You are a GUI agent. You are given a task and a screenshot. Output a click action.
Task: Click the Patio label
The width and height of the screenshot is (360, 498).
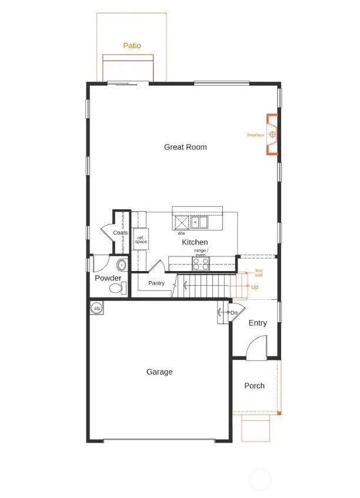132,45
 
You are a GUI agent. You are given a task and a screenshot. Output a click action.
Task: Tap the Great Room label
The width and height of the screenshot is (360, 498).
185,147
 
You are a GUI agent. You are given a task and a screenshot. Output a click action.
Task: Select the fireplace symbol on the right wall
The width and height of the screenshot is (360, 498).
272,135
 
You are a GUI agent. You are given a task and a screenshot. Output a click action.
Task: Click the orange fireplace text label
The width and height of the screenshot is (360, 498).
255,135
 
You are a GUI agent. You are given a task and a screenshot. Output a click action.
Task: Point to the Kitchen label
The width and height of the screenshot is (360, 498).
195,242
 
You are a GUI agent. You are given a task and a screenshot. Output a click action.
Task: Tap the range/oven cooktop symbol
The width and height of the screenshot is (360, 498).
200,264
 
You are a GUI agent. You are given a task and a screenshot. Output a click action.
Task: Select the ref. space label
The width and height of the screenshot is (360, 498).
141,240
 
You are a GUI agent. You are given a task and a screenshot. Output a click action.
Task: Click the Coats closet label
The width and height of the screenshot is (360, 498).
121,233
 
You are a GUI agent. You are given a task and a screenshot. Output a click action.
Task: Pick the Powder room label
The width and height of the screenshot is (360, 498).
108,278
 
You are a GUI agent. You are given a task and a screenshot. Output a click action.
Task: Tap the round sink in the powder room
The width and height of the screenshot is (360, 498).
122,265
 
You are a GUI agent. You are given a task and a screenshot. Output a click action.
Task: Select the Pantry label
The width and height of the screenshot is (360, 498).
156,283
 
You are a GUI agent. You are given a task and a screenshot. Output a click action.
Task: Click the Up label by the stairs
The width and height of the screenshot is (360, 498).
255,287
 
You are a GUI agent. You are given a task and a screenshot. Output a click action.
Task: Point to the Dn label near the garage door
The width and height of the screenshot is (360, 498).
234,312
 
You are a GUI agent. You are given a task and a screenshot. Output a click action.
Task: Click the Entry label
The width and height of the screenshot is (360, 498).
258,323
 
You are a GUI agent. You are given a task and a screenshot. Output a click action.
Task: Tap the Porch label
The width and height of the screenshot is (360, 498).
254,386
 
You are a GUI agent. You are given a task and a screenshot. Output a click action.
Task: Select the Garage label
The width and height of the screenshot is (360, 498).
159,372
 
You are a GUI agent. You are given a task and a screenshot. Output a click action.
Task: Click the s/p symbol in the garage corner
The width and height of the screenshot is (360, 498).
96,308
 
